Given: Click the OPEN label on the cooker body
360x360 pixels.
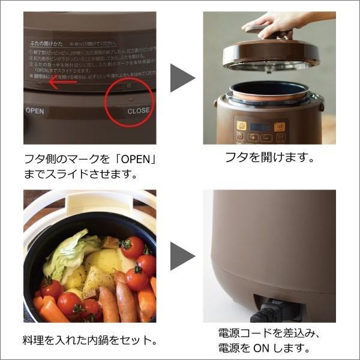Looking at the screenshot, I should click(x=35, y=111).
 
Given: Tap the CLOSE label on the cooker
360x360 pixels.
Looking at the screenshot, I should click(x=139, y=111).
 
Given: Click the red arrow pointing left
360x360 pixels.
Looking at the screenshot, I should click(x=62, y=82).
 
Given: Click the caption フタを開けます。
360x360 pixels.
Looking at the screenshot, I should click(x=269, y=159).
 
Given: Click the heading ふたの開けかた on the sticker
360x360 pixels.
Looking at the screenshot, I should click(x=47, y=44).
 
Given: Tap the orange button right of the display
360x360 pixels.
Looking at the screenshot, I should click(x=280, y=127).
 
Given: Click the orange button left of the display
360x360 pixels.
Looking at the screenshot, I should click(x=241, y=126).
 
